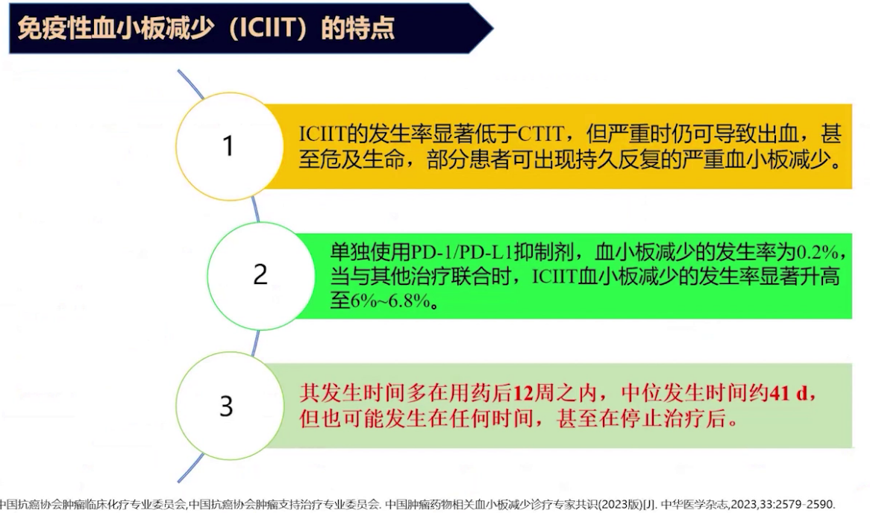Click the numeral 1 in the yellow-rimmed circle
coord(228,146)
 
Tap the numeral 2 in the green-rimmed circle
coord(260,275)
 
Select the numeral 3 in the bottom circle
coord(226,406)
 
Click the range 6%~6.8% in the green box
coord(392,302)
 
